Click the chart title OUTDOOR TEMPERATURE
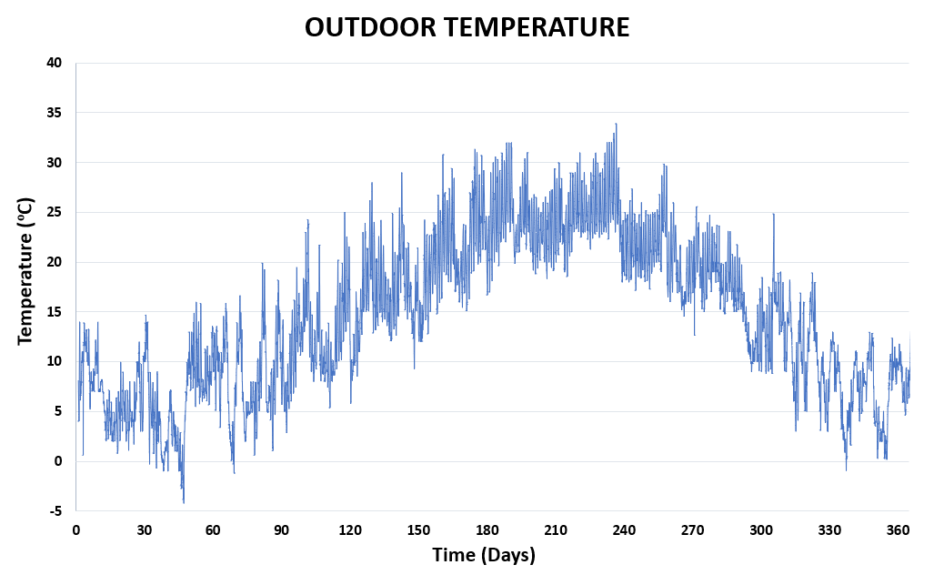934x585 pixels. [x=467, y=27]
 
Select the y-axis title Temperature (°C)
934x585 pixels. [x=25, y=271]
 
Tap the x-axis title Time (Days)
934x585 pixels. [x=483, y=555]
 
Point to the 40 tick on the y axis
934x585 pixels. [x=55, y=63]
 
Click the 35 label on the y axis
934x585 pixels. [x=55, y=113]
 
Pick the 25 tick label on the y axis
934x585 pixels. [x=55, y=212]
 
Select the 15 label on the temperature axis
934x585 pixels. [x=55, y=312]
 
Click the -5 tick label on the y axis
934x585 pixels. [x=56, y=511]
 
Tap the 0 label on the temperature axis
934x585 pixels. [x=58, y=461]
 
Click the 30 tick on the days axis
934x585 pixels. [x=144, y=530]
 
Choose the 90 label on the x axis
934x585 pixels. [x=281, y=530]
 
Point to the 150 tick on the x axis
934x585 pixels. [x=418, y=530]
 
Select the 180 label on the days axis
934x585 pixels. [x=487, y=530]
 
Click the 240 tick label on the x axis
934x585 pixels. [x=624, y=530]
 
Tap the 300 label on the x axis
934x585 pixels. [x=761, y=530]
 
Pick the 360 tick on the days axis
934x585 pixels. [x=899, y=530]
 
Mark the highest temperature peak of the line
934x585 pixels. [x=616, y=124]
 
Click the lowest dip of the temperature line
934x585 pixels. [x=184, y=502]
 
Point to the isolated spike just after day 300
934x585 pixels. [x=773, y=215]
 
